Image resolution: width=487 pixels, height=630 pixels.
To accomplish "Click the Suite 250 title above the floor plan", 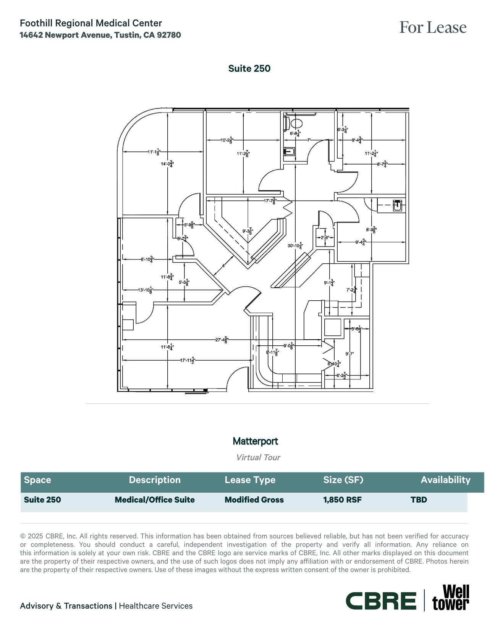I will pyautogui.click(x=249, y=69).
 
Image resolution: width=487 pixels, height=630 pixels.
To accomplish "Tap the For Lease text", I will pyautogui.click(x=433, y=27).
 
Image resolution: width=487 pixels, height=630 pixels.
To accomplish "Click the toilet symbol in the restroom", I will pyautogui.click(x=296, y=123).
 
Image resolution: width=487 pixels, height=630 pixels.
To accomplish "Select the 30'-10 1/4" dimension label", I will pyautogui.click(x=295, y=246).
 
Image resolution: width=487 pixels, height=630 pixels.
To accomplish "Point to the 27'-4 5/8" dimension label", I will pyautogui.click(x=222, y=340).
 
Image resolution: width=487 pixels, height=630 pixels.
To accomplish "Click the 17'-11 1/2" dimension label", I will pyautogui.click(x=188, y=360).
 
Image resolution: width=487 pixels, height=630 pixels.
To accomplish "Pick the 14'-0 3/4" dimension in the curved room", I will pyautogui.click(x=167, y=164).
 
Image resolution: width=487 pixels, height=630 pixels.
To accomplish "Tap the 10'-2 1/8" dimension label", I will pyautogui.click(x=227, y=140).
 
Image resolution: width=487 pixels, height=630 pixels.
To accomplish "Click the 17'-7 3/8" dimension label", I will pyautogui.click(x=270, y=201).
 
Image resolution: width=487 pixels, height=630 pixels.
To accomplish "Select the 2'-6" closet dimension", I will pyautogui.click(x=325, y=238).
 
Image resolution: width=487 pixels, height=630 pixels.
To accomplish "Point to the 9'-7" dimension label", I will pyautogui.click(x=349, y=354).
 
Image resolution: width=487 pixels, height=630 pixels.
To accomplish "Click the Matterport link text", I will pyautogui.click(x=255, y=441).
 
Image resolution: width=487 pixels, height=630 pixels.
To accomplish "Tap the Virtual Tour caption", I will pyautogui.click(x=258, y=458).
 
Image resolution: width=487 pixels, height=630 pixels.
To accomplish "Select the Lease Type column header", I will pyautogui.click(x=250, y=480).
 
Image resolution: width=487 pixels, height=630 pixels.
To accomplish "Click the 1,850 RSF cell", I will pyautogui.click(x=342, y=500).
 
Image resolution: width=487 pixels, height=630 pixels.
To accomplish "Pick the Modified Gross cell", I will pyautogui.click(x=254, y=500).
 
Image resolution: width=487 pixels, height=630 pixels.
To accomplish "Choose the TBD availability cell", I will pyautogui.click(x=419, y=500).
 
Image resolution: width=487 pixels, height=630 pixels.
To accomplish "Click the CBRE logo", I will pyautogui.click(x=381, y=601).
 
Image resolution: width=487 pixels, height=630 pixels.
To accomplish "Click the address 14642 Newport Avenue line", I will pyautogui.click(x=100, y=35).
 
